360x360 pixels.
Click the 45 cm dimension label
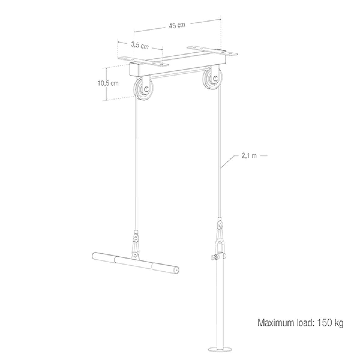[x=177, y=25]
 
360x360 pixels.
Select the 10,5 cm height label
[x=108, y=83]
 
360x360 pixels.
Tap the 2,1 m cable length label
[x=249, y=156]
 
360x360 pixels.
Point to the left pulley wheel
[x=144, y=90]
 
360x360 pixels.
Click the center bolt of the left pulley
[x=146, y=89]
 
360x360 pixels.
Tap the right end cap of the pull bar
[x=176, y=270]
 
